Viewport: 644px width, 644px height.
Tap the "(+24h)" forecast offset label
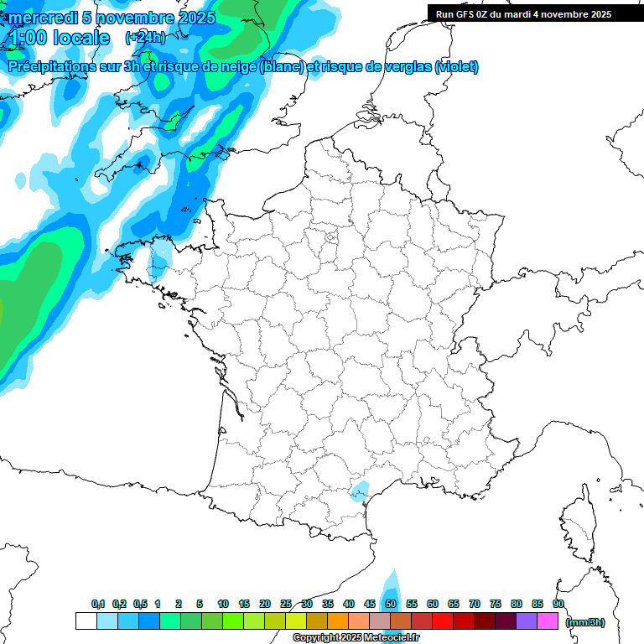click(x=145, y=38)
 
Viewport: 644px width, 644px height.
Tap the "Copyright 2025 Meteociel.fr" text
click(x=355, y=638)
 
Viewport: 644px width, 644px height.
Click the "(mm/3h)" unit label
click(x=584, y=621)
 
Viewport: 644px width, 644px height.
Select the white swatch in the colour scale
click(x=86, y=621)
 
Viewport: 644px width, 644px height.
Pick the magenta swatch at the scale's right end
click(x=548, y=621)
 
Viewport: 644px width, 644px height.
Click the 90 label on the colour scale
click(x=558, y=604)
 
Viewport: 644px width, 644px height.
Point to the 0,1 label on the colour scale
click(x=98, y=604)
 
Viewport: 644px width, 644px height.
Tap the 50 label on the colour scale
click(x=391, y=604)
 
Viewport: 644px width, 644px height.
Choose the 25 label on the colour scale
click(x=286, y=604)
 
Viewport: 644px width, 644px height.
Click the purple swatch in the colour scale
click(x=527, y=621)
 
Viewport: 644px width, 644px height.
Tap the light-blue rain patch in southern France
click(x=361, y=491)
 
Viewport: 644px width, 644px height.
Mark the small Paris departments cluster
click(x=332, y=240)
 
